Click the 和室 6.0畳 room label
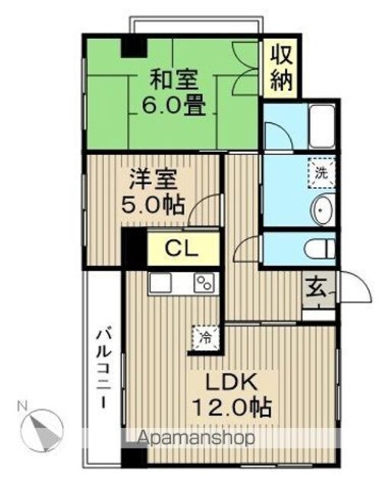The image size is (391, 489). (x=174, y=93)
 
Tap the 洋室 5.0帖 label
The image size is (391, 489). (x=153, y=192)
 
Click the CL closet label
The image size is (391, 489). (x=182, y=248)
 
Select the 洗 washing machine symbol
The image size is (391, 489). (x=322, y=173)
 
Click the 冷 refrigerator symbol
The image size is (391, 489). (x=205, y=337)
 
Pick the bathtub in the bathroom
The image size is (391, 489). (x=322, y=127)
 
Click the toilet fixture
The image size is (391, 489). (x=320, y=248)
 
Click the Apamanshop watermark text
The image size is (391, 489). (x=196, y=438)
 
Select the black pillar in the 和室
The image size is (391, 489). (x=134, y=47)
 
